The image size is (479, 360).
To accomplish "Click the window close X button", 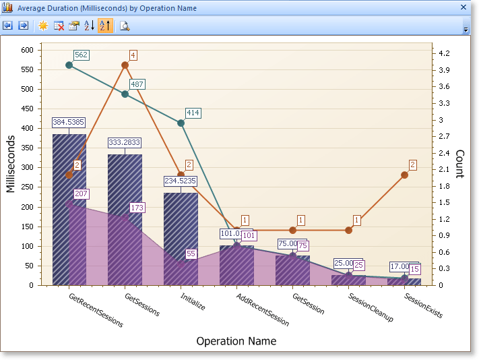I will (x=463, y=8).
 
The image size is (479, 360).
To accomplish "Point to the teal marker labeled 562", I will (x=69, y=65).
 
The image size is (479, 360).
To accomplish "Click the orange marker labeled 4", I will (x=125, y=65).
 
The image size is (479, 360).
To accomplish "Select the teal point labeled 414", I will (x=181, y=123).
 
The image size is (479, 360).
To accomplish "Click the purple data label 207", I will (x=82, y=194).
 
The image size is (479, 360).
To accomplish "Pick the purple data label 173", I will (x=137, y=207).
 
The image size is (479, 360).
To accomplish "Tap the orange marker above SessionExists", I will (x=404, y=175).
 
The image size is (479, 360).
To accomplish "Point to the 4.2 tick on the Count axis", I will (x=445, y=53).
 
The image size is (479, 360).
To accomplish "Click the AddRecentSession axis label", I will (x=263, y=309).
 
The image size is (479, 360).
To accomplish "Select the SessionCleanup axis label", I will (x=371, y=307).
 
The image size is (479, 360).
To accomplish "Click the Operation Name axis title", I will (x=236, y=341).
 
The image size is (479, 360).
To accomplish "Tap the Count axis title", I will (x=459, y=164).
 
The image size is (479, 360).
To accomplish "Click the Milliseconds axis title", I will (x=11, y=164).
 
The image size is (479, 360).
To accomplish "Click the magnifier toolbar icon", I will (x=125, y=26).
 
